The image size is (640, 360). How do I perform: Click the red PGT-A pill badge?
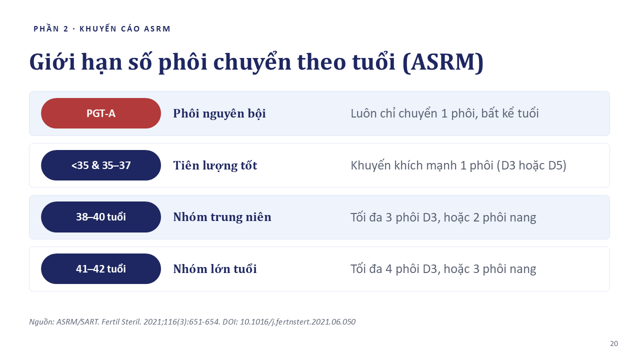coord(101,113)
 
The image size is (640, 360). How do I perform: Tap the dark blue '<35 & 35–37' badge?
coord(101,165)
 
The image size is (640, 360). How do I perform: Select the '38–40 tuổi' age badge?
coord(101,217)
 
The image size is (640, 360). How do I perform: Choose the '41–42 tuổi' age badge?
coord(101,268)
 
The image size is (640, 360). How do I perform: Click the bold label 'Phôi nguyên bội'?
coord(219,113)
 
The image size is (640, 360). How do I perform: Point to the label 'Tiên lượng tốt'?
coord(215,165)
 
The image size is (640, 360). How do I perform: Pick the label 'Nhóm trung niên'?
coord(222,217)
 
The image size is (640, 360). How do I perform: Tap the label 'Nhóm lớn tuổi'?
coord(215,269)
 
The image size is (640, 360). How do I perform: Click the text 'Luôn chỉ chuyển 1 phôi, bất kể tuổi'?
coord(444,113)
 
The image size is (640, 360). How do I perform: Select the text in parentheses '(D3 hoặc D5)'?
coord(531,165)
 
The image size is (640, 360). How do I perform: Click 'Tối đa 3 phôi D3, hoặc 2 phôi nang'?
coord(443,217)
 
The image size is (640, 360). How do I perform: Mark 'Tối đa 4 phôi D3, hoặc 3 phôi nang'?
coord(443,269)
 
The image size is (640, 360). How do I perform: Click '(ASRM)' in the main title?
coord(443,62)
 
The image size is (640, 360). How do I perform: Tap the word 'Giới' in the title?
coord(52,61)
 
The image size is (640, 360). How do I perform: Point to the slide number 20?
coord(614,343)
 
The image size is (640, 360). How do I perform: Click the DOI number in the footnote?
coord(297,321)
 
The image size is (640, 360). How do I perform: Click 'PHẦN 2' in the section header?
coord(51,28)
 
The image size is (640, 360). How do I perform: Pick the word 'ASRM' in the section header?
coord(157,29)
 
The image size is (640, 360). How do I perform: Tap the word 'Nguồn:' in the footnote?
coord(41,321)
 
